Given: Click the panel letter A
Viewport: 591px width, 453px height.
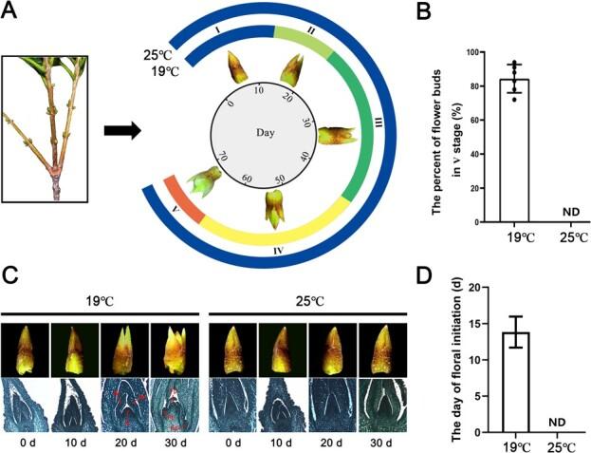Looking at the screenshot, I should coord(12,11).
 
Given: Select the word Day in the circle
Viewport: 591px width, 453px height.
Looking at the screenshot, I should coord(268,133).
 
